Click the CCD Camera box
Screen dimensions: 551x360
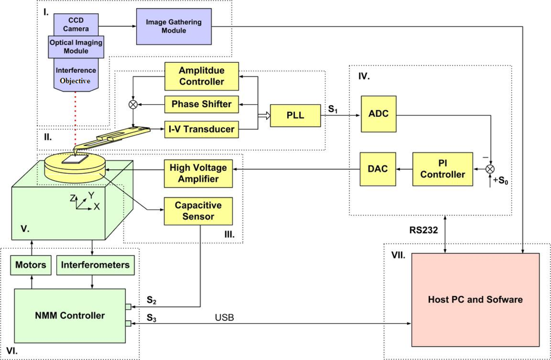76,25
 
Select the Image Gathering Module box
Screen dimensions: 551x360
174,26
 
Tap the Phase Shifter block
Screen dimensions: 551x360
202,104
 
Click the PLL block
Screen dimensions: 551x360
295,115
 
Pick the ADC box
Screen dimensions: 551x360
379,114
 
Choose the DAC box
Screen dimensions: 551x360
378,169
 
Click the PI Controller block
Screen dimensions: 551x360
442,169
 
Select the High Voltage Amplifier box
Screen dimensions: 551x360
198,173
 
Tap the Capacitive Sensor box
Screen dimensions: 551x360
198,211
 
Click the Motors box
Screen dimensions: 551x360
30,265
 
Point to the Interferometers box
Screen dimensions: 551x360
95,265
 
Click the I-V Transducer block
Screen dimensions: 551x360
202,129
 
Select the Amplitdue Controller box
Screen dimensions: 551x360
202,76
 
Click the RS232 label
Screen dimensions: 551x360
423,230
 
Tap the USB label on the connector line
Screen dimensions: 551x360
224,318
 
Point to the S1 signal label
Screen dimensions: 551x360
333,109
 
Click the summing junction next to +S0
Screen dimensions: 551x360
490,169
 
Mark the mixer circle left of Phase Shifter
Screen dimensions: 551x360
133,104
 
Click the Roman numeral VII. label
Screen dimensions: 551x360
398,255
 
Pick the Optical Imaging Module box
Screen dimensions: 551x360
76,47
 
